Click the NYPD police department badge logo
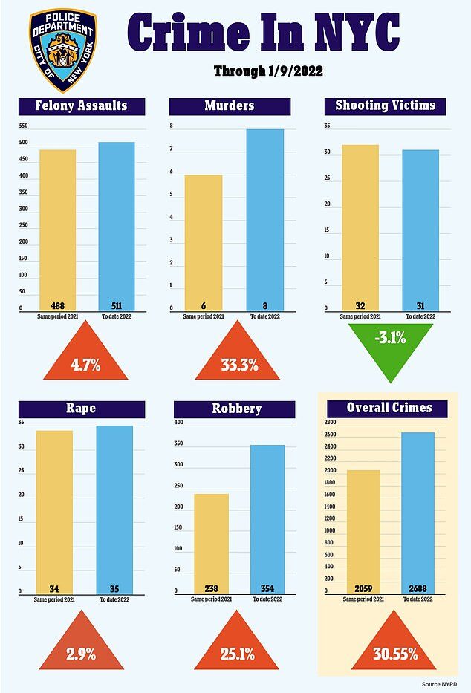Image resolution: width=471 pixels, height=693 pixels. click(62, 51)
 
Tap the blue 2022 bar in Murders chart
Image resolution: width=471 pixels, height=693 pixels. click(265, 220)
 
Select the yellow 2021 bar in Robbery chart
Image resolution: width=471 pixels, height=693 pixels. click(211, 544)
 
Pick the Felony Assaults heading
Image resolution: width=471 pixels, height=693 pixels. click(82, 106)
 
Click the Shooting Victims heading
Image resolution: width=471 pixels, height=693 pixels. click(385, 106)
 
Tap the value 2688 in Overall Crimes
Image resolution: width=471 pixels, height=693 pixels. click(418, 588)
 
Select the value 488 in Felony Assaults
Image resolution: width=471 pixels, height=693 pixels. click(58, 305)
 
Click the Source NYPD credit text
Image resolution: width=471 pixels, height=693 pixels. click(439, 684)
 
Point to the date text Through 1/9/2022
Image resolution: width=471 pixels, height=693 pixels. click(268, 71)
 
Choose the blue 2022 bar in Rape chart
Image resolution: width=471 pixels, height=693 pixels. click(114, 510)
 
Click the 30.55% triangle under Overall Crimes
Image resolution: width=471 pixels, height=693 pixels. click(394, 646)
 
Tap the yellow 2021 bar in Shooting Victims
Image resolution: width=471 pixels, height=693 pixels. click(360, 228)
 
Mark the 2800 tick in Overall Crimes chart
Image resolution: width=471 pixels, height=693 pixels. click(330, 422)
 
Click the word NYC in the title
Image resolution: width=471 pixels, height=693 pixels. click(357, 31)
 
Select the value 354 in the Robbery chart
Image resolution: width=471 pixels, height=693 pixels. click(267, 589)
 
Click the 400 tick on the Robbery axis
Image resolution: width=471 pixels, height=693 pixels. click(178, 422)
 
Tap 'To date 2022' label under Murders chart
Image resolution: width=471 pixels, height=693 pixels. click(265, 316)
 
